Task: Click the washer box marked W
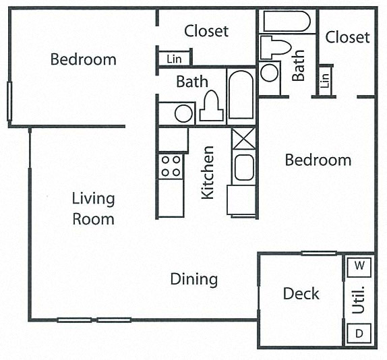coord(359,266)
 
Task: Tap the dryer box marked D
coord(359,333)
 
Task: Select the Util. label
coord(359,300)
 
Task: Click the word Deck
coord(301,294)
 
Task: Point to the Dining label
coord(193,278)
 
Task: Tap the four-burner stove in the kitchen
coord(171,166)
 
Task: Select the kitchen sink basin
coord(243,167)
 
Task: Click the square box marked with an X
coord(242,139)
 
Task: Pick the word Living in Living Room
coord(94,199)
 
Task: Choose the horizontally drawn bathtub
coord(287,21)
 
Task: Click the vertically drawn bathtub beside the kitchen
coord(240,94)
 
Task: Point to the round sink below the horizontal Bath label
coord(183,113)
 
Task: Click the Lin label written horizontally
coord(174,59)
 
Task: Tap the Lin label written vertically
coord(326,80)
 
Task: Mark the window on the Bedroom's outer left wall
coord(9,102)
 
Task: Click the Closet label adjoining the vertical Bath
coord(347,37)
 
